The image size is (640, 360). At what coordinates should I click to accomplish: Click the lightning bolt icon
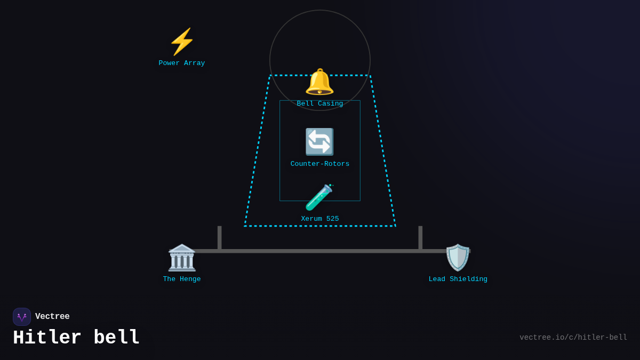click(182, 42)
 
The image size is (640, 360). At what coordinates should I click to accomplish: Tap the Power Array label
click(182, 63)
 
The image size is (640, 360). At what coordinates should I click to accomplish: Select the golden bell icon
click(319, 82)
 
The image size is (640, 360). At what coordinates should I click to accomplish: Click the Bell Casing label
click(320, 104)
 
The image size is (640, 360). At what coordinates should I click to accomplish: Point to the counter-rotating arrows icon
click(319, 142)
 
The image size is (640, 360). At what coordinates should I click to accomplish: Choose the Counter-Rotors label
click(320, 164)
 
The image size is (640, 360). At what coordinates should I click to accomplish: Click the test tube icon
click(319, 197)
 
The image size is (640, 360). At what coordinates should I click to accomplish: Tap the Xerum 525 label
click(320, 219)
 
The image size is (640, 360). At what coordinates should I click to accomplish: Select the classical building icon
click(182, 258)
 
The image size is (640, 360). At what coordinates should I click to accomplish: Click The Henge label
click(182, 279)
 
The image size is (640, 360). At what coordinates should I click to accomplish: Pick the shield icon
click(458, 258)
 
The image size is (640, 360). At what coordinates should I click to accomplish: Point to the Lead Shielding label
click(458, 279)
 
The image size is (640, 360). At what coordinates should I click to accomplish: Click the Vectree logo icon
click(22, 317)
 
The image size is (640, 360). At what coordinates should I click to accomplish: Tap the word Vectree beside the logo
click(52, 317)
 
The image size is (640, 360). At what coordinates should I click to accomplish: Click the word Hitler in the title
click(47, 338)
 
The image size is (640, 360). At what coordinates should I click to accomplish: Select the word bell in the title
click(117, 338)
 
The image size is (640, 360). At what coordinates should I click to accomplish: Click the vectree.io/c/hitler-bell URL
click(573, 338)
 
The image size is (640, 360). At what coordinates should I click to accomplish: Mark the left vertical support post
click(219, 238)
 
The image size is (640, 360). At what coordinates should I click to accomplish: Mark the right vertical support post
click(420, 238)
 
